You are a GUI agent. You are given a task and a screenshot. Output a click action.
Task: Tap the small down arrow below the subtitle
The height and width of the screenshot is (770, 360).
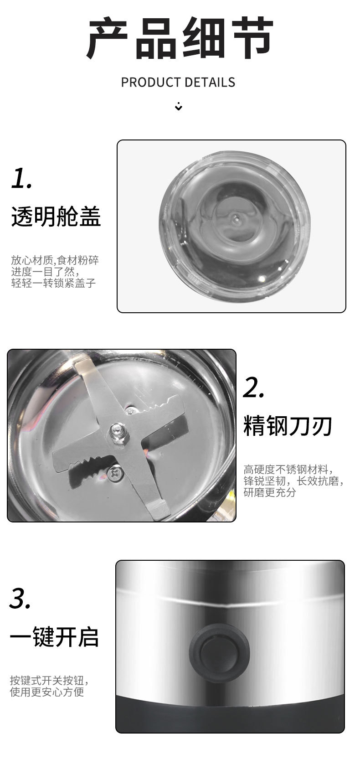tap(179, 107)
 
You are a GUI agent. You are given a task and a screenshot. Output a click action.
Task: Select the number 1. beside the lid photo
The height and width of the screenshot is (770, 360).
tap(21, 178)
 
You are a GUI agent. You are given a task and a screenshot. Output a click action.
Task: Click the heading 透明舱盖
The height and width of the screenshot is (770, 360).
tap(56, 216)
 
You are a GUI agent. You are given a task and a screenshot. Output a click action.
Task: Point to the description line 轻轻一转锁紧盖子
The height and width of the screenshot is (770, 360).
tap(53, 283)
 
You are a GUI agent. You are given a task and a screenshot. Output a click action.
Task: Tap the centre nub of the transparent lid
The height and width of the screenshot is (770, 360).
tap(235, 218)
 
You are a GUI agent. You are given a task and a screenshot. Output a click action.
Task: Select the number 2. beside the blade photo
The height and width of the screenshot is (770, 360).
tap(253, 388)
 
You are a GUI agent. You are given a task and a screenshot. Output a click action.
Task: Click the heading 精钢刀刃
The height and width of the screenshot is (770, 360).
tap(288, 426)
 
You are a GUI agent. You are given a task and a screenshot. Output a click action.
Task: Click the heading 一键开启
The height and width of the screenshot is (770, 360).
tap(54, 636)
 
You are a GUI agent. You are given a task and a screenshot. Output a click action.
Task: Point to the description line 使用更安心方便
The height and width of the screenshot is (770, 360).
tap(47, 692)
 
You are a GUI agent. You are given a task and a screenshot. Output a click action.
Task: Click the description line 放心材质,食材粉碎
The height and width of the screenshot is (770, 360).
tap(55, 260)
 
